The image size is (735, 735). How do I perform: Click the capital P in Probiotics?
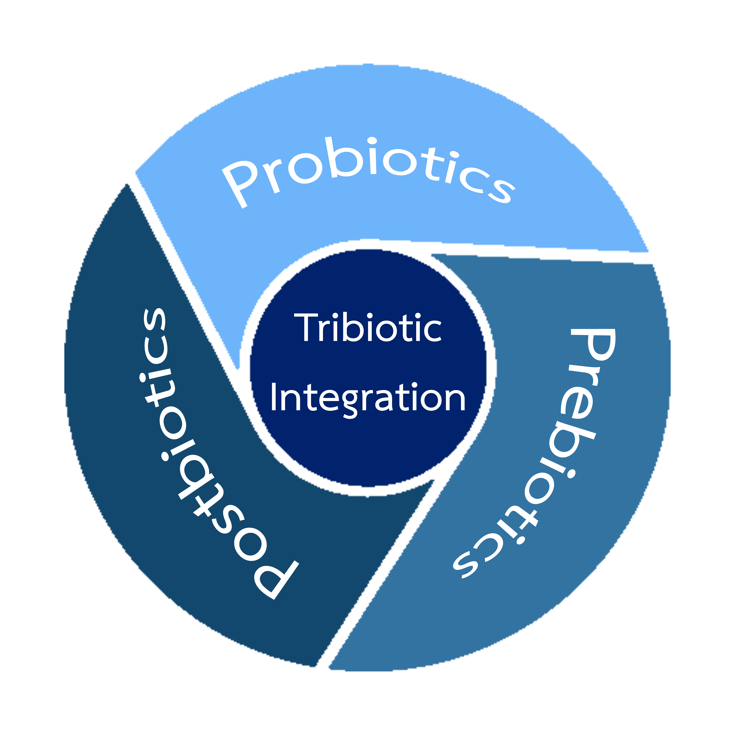pos(238,183)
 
